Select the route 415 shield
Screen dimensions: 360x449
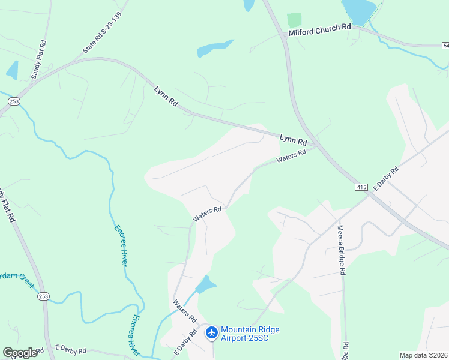coord(361,188)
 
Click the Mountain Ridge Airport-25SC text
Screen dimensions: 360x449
coord(250,334)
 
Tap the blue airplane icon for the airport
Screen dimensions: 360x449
coord(211,332)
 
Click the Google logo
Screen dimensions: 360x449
coord(20,353)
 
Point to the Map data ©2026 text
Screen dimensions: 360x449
coord(423,355)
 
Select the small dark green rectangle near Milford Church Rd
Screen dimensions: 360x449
coord(294,20)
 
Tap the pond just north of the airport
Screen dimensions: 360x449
coord(205,284)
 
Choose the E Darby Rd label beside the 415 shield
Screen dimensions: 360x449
coord(386,178)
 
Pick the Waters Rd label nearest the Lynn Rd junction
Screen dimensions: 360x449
coord(291,157)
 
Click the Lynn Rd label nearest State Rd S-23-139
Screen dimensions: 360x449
coord(166,96)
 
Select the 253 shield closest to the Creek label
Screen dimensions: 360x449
coord(43,296)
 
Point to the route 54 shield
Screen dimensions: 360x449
coord(445,46)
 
